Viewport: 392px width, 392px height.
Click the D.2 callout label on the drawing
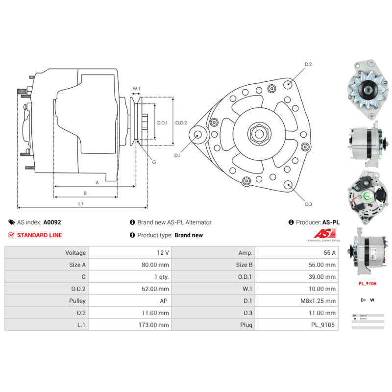(308, 64)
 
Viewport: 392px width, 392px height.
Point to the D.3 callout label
(308, 204)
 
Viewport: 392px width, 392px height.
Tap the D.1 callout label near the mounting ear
(177, 156)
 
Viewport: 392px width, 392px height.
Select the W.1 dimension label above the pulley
(136, 89)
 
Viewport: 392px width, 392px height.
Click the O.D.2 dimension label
(181, 122)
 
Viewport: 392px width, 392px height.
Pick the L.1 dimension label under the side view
(81, 203)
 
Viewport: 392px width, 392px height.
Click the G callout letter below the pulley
(154, 162)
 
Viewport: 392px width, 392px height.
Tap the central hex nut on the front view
(257, 133)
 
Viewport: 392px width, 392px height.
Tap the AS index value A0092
(52, 222)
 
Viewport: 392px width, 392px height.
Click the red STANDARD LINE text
(39, 235)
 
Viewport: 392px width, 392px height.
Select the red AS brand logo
(324, 234)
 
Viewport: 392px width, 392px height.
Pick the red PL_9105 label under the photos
(367, 283)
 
